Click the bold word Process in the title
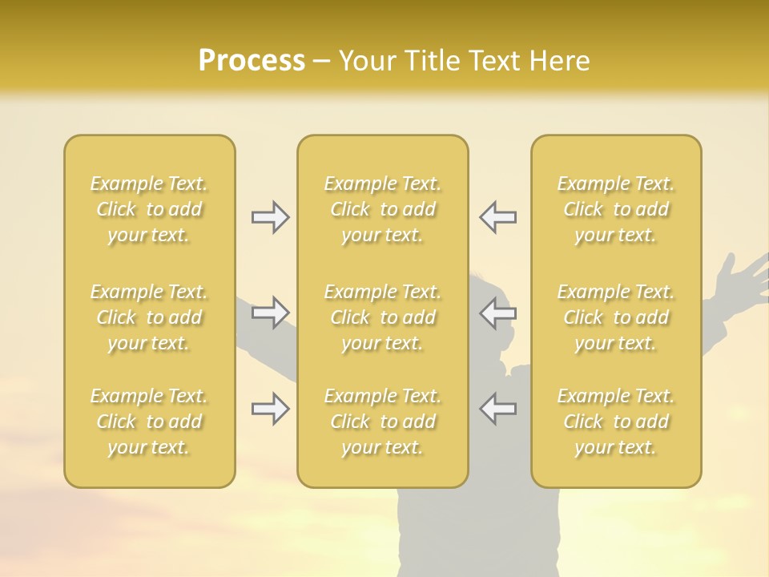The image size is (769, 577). point(252,61)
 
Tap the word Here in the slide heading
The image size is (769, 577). point(561,61)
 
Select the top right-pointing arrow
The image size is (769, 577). point(270,217)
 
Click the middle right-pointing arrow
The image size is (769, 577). point(270,312)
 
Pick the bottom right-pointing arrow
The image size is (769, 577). point(270,409)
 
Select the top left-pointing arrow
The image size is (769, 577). point(498,217)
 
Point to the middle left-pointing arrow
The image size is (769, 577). point(498,312)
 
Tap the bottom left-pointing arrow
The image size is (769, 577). point(498,409)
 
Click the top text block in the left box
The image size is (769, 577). point(149,209)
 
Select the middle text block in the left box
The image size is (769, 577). point(149,317)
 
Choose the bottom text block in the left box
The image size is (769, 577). point(149,422)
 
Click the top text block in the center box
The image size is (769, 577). point(383,209)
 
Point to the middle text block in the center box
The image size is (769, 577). point(383,317)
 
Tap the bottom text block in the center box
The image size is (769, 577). point(383,422)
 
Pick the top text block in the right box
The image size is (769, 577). point(616,209)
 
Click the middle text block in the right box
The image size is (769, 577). point(616,317)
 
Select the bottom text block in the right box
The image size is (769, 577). point(616,422)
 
